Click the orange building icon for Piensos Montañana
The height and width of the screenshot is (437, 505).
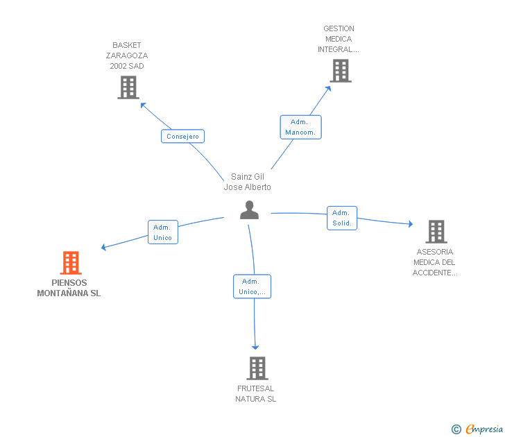(71, 262)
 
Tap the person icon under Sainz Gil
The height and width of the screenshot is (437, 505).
(249, 210)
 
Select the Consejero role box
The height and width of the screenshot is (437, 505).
(182, 136)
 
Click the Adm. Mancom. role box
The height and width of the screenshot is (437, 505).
(301, 127)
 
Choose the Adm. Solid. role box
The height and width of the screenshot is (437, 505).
(342, 218)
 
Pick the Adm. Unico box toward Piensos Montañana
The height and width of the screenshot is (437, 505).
(163, 232)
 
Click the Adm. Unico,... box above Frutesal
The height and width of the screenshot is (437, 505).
(252, 286)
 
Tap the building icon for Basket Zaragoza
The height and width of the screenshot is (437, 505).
(128, 87)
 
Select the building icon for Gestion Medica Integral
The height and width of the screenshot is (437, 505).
(341, 71)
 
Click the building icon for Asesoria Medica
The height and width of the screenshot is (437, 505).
(436, 232)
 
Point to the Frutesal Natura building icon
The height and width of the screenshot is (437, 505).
(257, 368)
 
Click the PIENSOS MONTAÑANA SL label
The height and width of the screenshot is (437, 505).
(69, 288)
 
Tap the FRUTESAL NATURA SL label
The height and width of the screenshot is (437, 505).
(256, 393)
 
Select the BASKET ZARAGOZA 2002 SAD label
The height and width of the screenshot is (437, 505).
(127, 55)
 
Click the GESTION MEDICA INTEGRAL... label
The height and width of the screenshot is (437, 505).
(339, 39)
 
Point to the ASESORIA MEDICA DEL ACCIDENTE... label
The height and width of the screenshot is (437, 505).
(435, 262)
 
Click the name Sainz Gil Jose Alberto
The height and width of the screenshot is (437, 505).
(248, 182)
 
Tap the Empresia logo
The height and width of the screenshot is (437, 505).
(477, 429)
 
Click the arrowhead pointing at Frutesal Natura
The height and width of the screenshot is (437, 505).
(255, 348)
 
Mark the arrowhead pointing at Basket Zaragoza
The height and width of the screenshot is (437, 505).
(143, 105)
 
